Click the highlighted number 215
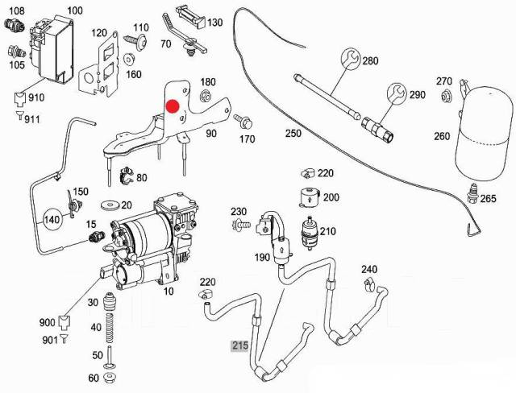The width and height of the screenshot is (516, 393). [240, 346]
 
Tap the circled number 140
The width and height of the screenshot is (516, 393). [52, 217]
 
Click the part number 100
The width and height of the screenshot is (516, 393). [75, 10]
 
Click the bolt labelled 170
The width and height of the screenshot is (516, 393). [241, 122]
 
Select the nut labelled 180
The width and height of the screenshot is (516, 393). [204, 97]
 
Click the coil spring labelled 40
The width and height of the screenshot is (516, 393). [114, 332]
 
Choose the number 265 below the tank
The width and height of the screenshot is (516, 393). [489, 200]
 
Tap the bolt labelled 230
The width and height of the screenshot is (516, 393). [240, 227]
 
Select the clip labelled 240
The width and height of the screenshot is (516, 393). [368, 283]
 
